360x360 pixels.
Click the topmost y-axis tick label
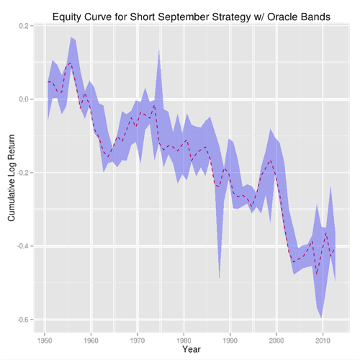click(x=24, y=25)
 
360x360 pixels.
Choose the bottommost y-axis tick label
click(x=24, y=318)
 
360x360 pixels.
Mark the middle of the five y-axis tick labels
click(x=24, y=172)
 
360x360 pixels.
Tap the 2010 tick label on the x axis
click(x=323, y=338)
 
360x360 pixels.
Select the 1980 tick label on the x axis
click(x=184, y=338)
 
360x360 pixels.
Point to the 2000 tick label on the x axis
click(x=276, y=338)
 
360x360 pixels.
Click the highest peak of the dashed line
click(x=71, y=63)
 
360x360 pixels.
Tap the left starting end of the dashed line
click(x=48, y=81)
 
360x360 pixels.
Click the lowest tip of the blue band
click(x=320, y=318)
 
